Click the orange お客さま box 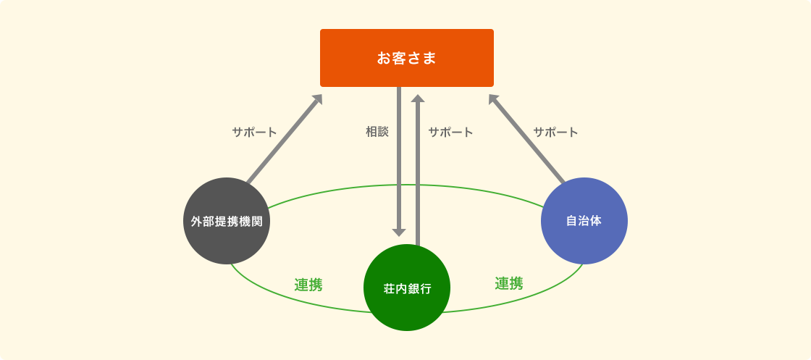406,58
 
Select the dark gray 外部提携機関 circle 227,221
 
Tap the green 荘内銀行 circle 407,288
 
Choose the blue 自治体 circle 584,221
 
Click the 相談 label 377,132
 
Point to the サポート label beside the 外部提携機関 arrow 254,132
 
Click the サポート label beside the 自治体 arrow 555,132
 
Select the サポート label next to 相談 450,132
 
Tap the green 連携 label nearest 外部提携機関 308,285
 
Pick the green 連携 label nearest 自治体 509,283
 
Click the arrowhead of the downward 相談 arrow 399,233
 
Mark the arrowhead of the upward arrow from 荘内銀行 417,99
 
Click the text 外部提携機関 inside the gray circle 227,222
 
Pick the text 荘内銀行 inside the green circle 407,288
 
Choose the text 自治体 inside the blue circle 584,221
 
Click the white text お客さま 406,58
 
